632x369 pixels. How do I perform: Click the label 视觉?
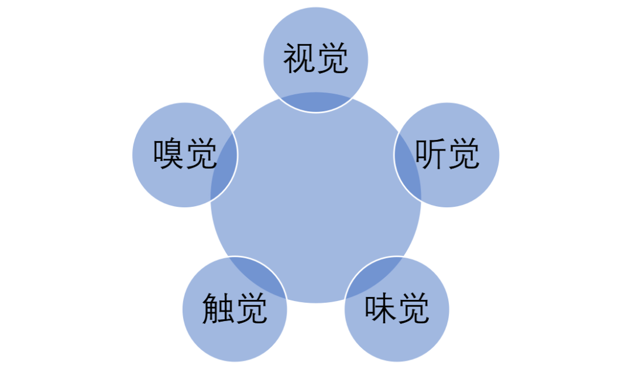coord(316,59)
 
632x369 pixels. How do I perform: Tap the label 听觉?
coord(447,155)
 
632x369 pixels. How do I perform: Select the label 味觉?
coord(397,309)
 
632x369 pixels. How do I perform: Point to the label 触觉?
coord(235,309)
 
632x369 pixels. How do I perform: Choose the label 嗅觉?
coord(185,155)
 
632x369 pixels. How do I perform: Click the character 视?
coord(300,59)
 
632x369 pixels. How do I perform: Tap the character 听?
coord(431,155)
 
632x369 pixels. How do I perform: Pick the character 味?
coord(380,309)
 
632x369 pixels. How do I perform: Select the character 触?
coord(218,309)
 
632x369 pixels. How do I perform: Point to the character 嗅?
coord(169,155)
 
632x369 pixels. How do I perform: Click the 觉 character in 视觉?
coord(333,59)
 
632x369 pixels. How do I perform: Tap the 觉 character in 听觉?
coord(464,155)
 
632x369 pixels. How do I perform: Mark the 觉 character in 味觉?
coord(414,309)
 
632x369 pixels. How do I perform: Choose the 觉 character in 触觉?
coord(252,309)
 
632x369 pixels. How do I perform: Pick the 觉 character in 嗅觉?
coord(202,155)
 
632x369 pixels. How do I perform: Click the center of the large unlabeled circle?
coord(316,197)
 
